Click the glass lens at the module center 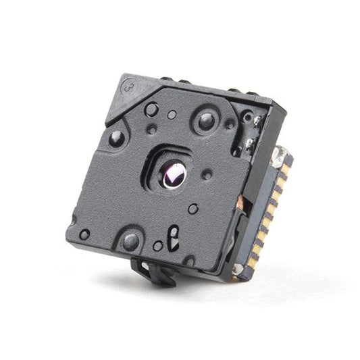point(174,174)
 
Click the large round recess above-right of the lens point(206,121)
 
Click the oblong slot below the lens point(174,236)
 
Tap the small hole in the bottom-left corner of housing point(84,234)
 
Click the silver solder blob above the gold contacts point(278,157)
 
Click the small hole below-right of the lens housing point(193,209)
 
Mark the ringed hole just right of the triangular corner point(152,109)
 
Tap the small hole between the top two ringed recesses point(172,114)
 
